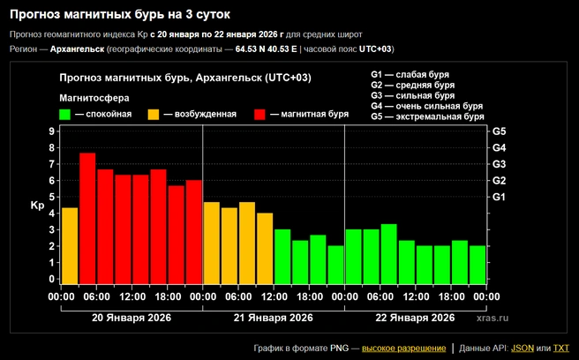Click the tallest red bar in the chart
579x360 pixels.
tap(87, 218)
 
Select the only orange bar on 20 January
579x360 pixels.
tap(70, 245)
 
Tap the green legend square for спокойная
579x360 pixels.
tap(64, 115)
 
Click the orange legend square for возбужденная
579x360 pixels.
tap(154, 115)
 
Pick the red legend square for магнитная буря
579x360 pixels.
tap(260, 115)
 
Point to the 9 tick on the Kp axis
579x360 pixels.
tap(51, 131)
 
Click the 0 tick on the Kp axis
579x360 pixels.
tap(51, 279)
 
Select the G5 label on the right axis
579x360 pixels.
tap(499, 131)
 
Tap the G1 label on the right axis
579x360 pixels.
tap(499, 197)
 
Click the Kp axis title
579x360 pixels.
tap(37, 206)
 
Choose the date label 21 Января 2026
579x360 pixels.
tap(274, 318)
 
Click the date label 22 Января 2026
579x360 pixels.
tap(415, 318)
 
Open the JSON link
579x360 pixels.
tap(523, 349)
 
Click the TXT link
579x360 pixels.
tap(561, 349)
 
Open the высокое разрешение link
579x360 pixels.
tap(403, 349)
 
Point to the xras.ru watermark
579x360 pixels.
tap(493, 318)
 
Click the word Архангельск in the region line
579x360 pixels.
tap(77, 49)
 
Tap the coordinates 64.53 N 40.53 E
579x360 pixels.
tap(266, 49)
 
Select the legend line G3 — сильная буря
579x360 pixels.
tap(412, 95)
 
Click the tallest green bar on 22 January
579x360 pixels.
tap(389, 253)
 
